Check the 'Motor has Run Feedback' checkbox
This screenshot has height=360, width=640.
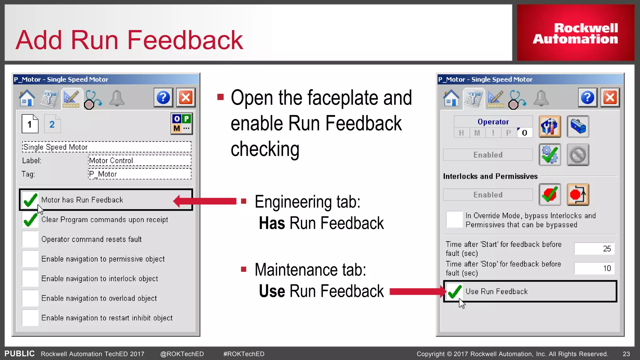30,200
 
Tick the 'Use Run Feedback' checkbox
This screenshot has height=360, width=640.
454,292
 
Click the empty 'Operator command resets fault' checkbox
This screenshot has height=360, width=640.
30,239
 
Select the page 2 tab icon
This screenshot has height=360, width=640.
52,124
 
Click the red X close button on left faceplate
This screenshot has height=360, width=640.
186,98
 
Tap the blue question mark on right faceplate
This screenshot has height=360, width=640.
587,98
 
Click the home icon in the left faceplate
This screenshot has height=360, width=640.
27,98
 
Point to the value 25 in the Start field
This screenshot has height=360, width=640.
607,249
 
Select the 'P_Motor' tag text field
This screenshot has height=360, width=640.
139,174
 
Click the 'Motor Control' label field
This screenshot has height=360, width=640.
139,161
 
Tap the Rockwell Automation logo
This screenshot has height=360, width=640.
575,33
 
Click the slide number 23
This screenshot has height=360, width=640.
626,354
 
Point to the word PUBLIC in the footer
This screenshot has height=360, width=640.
19,354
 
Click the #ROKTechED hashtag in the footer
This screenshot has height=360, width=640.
244,354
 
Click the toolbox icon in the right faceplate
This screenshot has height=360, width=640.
578,126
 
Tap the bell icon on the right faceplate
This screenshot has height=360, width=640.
541,98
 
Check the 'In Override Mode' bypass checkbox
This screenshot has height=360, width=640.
454,219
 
